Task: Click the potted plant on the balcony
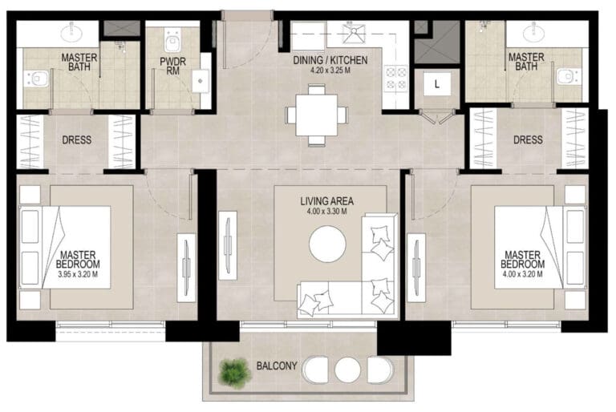[x=235, y=373]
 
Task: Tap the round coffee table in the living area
[x=327, y=244]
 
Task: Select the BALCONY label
[x=277, y=366]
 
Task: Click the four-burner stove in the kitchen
[x=395, y=79]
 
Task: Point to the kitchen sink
[x=353, y=34]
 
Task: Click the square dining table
[x=316, y=115]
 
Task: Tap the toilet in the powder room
[x=172, y=41]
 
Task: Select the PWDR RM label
[x=172, y=67]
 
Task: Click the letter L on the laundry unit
[x=436, y=84]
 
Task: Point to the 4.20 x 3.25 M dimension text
[x=330, y=71]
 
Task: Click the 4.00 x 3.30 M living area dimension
[x=327, y=212]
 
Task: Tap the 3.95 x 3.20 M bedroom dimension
[x=78, y=275]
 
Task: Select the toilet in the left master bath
[x=37, y=79]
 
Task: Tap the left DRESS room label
[x=77, y=139]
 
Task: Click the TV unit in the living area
[x=228, y=246]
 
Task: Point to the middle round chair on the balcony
[x=347, y=370]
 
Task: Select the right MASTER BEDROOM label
[x=522, y=260]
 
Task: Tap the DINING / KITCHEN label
[x=330, y=60]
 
